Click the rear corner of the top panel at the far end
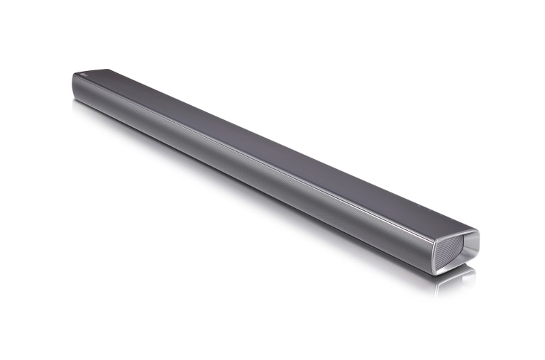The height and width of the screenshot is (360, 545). point(106,70)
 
